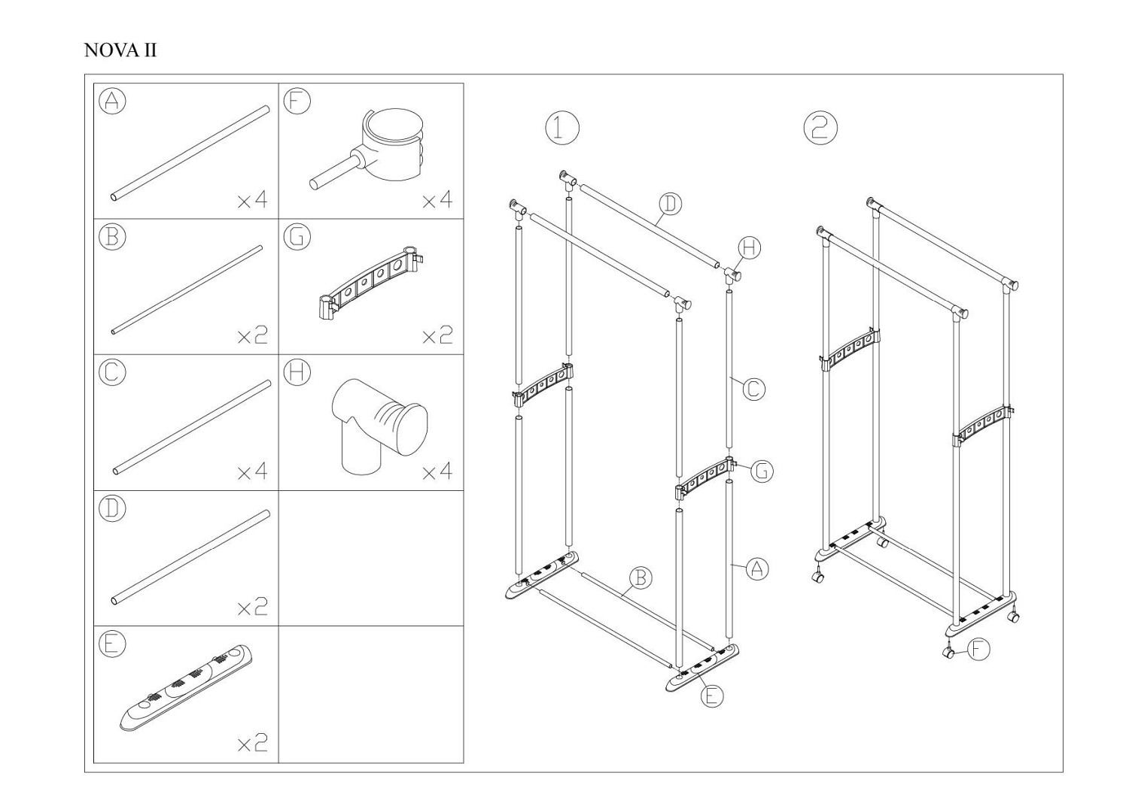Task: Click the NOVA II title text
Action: click(120, 50)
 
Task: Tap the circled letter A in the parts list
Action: click(112, 102)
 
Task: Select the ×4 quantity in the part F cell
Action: click(437, 200)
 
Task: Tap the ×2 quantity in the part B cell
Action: click(252, 336)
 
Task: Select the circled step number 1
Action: click(562, 128)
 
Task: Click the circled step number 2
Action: click(820, 128)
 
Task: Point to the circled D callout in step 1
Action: click(671, 204)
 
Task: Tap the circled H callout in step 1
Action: click(750, 249)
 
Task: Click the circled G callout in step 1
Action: click(762, 471)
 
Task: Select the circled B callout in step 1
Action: click(640, 578)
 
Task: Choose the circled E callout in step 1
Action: click(712, 696)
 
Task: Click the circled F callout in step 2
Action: click(978, 649)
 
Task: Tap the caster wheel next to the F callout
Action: click(949, 653)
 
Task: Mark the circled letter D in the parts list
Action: click(112, 509)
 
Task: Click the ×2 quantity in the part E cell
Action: click(252, 744)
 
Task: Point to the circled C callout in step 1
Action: click(754, 389)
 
